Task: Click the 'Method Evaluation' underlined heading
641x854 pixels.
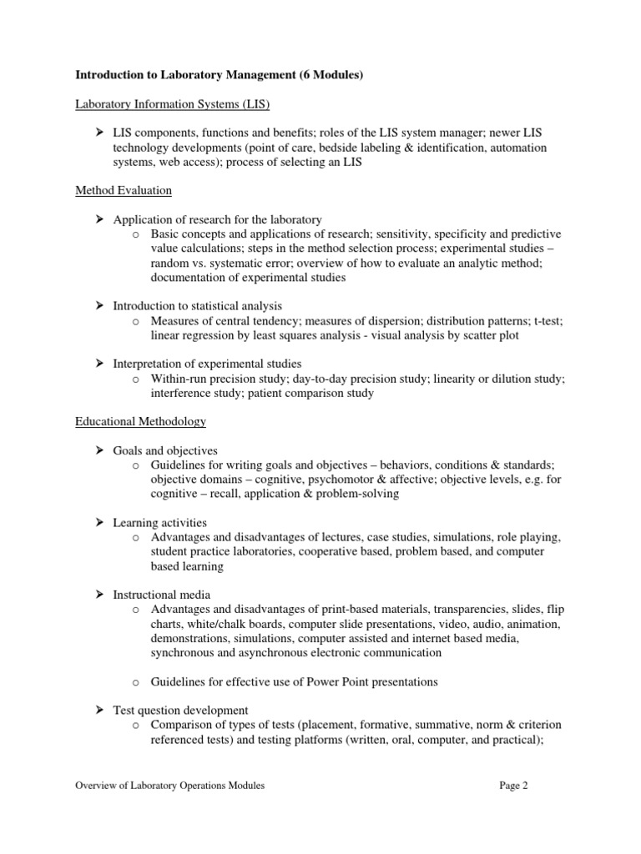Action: pos(124,191)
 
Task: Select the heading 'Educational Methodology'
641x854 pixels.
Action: pos(141,422)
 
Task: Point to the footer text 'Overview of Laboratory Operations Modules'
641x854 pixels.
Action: pos(170,786)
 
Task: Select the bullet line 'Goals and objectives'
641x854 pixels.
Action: pos(165,450)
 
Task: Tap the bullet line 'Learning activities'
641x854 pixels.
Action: pos(160,522)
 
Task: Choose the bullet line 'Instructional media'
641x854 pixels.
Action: pos(162,595)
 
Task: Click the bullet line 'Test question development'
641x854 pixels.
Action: pos(180,710)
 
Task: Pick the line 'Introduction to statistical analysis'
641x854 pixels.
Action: pos(197,306)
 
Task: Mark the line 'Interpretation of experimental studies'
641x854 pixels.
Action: pos(207,364)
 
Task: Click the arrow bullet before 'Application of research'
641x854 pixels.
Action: pos(98,219)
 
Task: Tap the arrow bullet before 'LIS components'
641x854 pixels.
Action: pos(98,133)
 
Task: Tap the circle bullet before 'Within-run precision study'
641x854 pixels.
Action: pos(136,379)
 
